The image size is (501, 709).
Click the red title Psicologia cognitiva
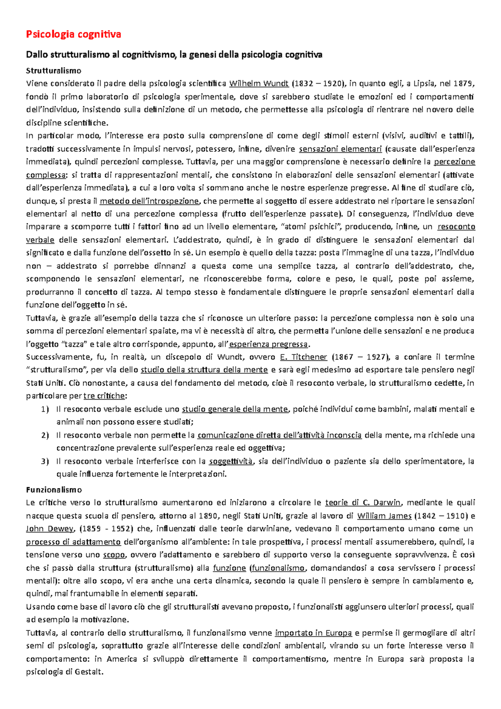coord(73,34)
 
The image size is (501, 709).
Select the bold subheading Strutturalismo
coord(53,71)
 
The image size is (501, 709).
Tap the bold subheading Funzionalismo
coord(54,489)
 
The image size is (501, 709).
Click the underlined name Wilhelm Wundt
coord(259,84)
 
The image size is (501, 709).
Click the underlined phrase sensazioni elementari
coord(340,149)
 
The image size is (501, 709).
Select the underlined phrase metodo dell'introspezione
coord(149,201)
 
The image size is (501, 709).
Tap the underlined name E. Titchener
coord(304,357)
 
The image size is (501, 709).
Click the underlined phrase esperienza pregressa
coord(268,344)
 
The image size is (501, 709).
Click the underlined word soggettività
coord(230,461)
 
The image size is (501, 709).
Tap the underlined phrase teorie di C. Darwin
coord(363,503)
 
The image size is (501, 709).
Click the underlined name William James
coord(384,516)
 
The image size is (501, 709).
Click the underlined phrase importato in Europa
coord(313,633)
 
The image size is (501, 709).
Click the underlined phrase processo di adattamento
coord(73,542)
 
